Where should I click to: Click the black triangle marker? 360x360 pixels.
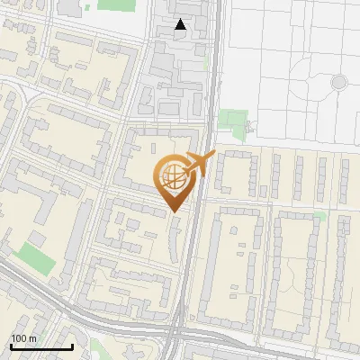pyautogui.click(x=181, y=25)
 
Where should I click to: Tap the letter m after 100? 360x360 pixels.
pyautogui.click(x=33, y=338)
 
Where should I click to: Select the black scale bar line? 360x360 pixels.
pyautogui.click(x=41, y=346)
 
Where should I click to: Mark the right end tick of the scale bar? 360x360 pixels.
pyautogui.click(x=72, y=345)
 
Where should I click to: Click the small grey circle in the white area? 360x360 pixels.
pyautogui.click(x=338, y=83)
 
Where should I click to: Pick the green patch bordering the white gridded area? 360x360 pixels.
pyautogui.click(x=232, y=122)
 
